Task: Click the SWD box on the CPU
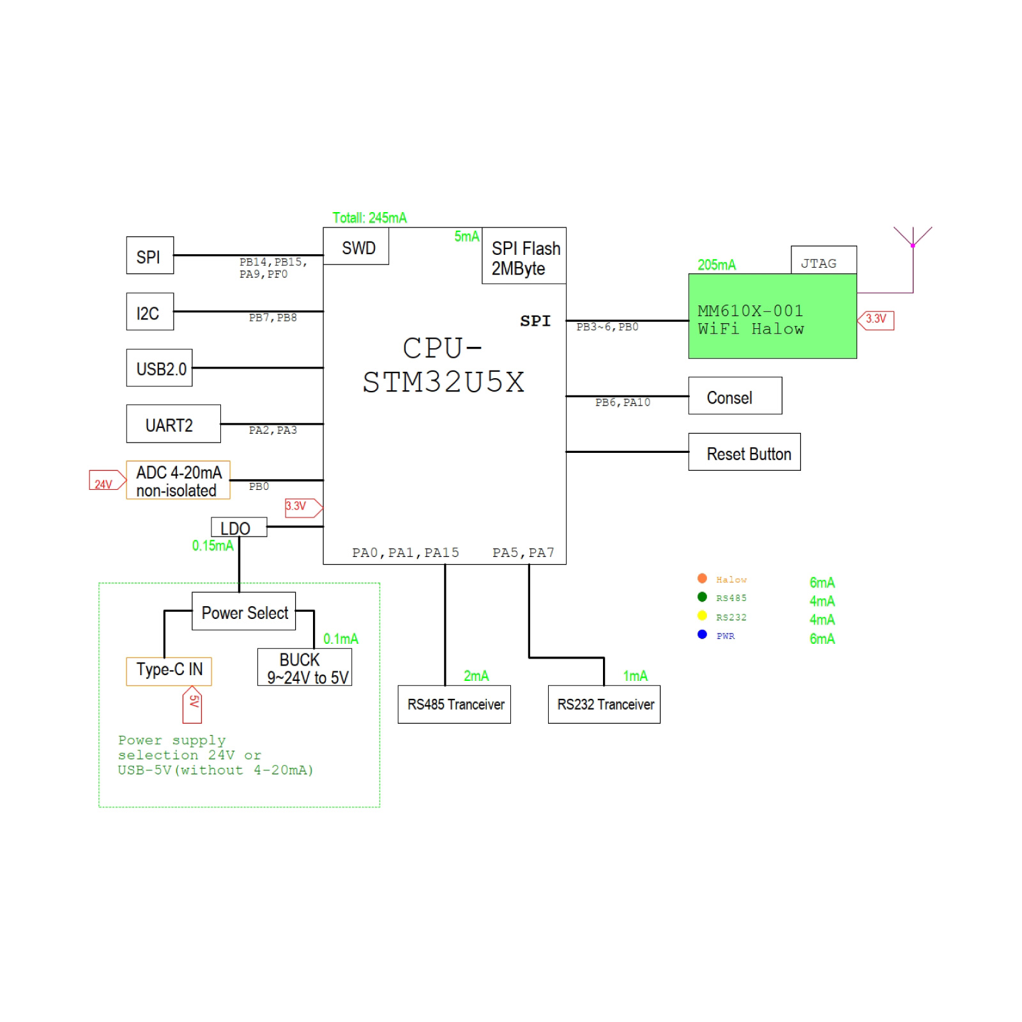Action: pos(356,247)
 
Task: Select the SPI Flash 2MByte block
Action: pos(524,256)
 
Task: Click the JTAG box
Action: pos(823,261)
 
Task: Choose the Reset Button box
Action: pos(744,452)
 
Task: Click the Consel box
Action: pos(735,396)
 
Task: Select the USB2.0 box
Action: pos(159,368)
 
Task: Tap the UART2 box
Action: pos(173,424)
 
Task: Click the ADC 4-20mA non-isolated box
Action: pos(178,480)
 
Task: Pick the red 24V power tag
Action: pos(106,481)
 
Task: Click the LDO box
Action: pos(238,528)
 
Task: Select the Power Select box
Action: pos(243,612)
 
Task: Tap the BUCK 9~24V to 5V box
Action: pos(305,667)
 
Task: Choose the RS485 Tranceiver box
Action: pos(454,705)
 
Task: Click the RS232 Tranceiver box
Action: pos(604,705)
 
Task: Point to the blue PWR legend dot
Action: pos(702,634)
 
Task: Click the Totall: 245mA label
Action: pos(369,218)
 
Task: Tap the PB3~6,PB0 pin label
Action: pos(607,327)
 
